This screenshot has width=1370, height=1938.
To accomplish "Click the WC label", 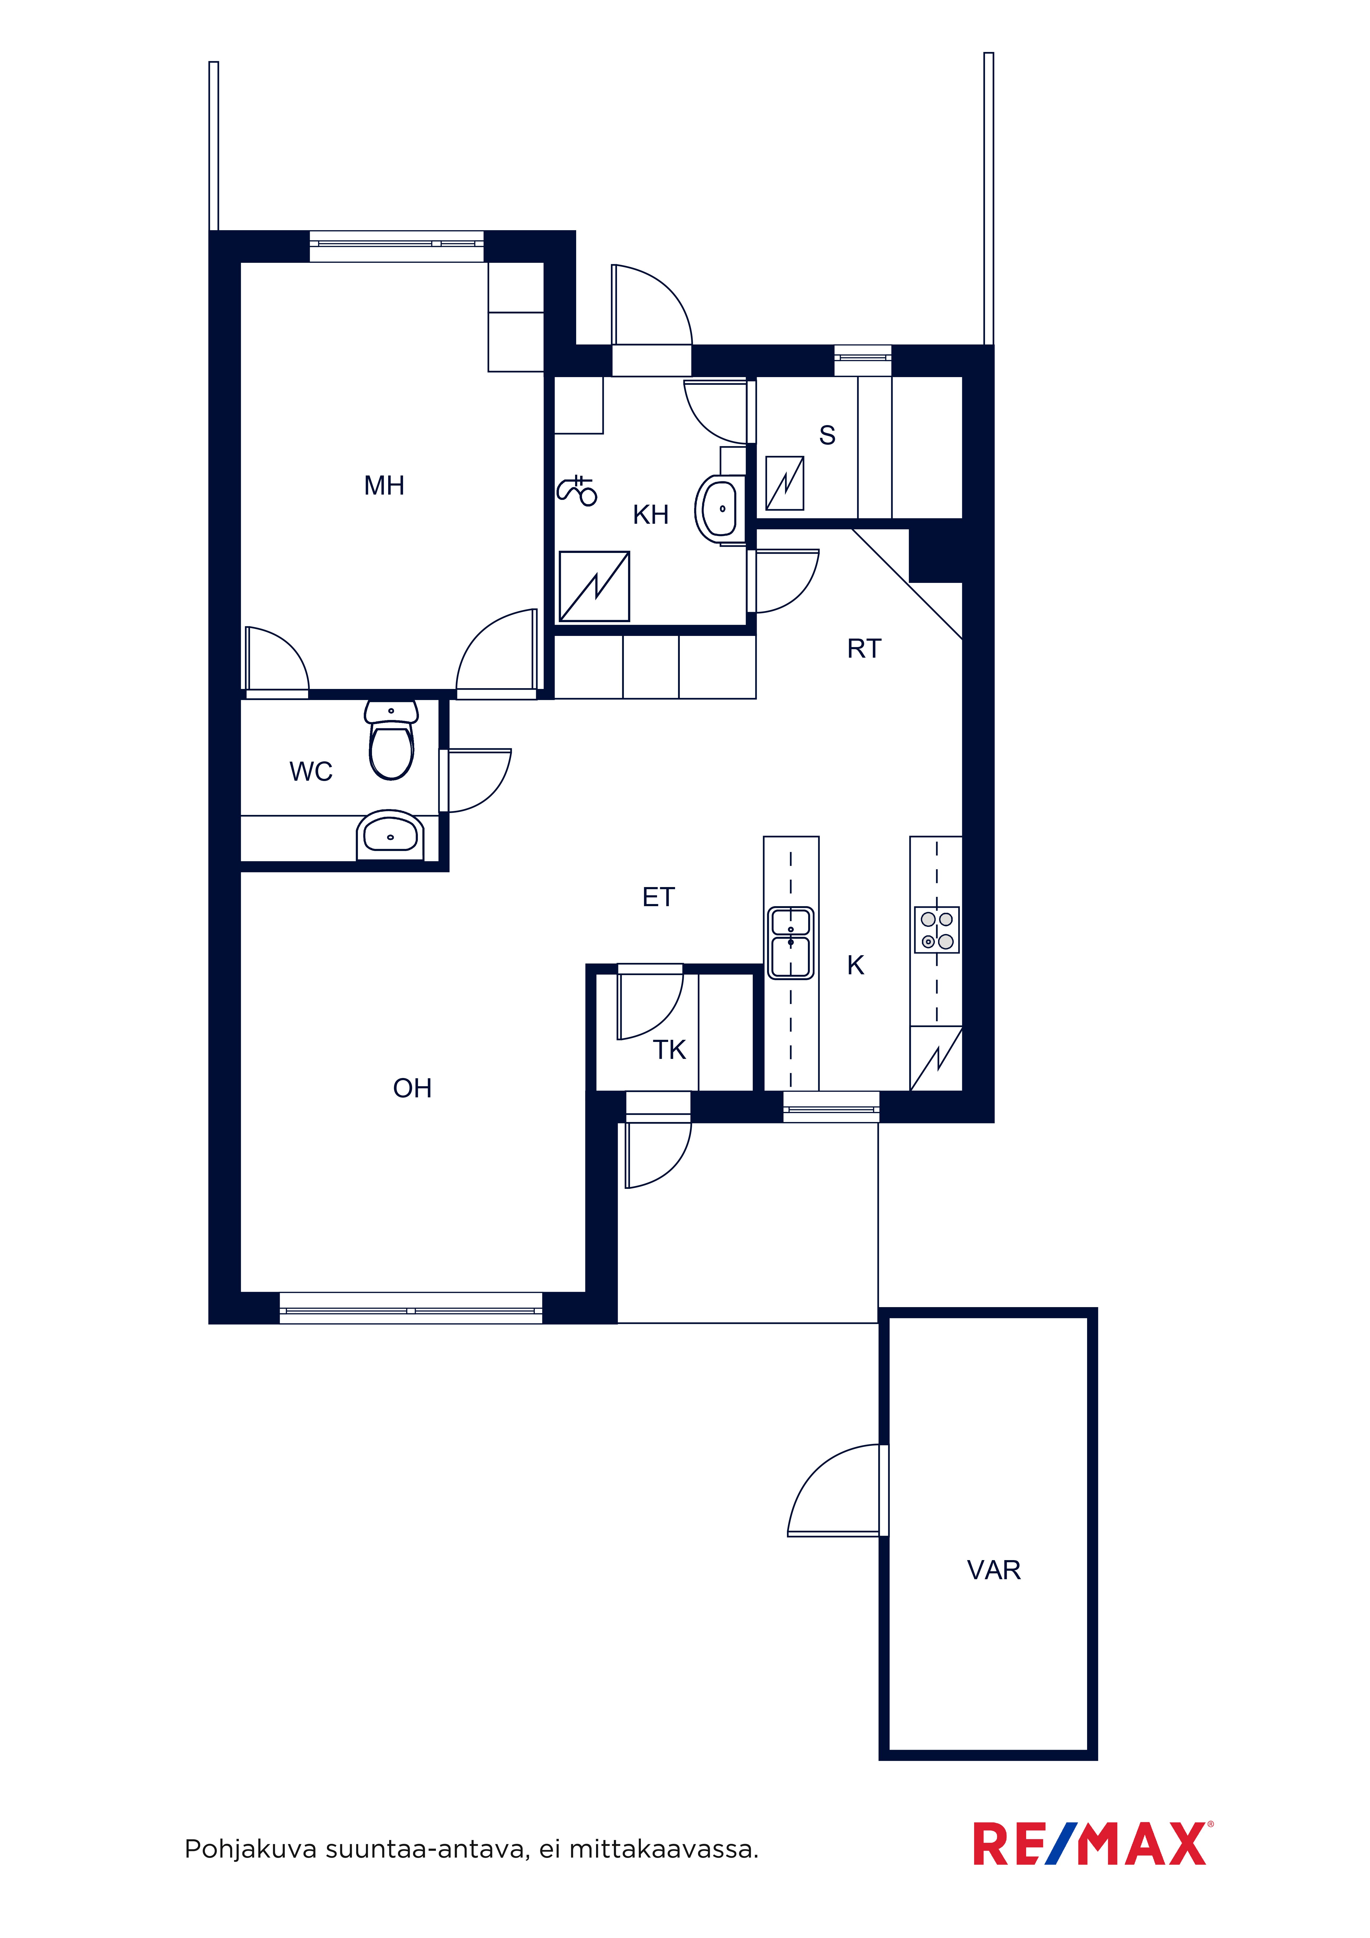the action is (311, 771).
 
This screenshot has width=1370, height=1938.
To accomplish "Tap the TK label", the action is (669, 1050).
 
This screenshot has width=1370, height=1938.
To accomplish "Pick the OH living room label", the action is (412, 1088).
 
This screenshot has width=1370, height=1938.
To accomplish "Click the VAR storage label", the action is (993, 1570).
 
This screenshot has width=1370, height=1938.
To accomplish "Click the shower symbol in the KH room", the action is (576, 491).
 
